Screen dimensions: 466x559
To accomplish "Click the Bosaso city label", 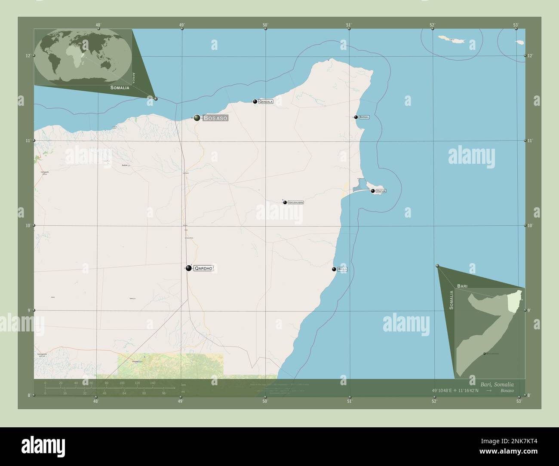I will click(215, 118).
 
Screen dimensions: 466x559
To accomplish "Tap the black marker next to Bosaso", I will click(197, 118).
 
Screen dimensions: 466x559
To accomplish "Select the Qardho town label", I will click(203, 268).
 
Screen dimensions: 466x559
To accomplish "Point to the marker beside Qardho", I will click(189, 268).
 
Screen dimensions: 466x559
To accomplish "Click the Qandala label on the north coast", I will click(266, 102).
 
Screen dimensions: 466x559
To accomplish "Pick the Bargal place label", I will click(364, 117).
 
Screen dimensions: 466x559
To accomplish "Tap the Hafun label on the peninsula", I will click(381, 191).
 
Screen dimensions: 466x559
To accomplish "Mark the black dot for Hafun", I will click(373, 191).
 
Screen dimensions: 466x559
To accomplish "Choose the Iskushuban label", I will click(296, 202).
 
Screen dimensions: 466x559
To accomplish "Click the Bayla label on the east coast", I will click(343, 269).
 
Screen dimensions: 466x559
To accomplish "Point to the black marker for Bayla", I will click(334, 269).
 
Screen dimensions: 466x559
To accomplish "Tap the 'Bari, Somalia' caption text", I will click(497, 384).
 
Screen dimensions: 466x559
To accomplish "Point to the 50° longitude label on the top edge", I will click(266, 25).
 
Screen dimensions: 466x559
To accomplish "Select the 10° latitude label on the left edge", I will click(28, 225).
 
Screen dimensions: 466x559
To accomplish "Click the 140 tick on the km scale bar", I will click(153, 383).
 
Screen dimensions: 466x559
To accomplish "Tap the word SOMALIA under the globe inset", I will click(120, 88).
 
